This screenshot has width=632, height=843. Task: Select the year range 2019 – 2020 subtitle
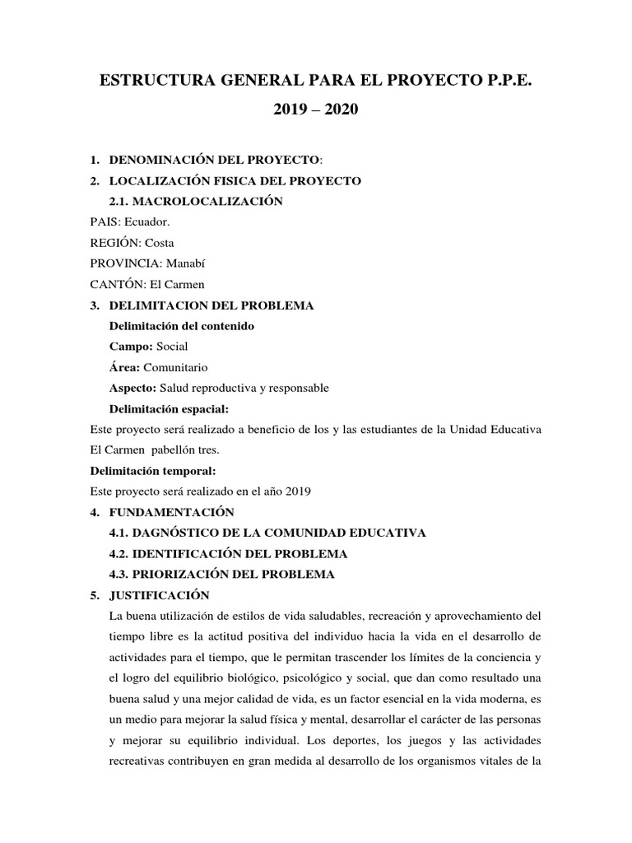316,110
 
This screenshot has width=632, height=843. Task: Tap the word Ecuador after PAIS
147,222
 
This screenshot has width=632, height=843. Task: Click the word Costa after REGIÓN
159,243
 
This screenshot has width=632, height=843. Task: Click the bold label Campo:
125,347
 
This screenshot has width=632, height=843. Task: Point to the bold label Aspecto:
133,388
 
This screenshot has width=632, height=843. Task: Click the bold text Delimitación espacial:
169,408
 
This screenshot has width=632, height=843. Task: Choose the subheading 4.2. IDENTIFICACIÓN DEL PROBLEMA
228,553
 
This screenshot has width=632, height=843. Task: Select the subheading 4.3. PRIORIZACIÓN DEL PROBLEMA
222,574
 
